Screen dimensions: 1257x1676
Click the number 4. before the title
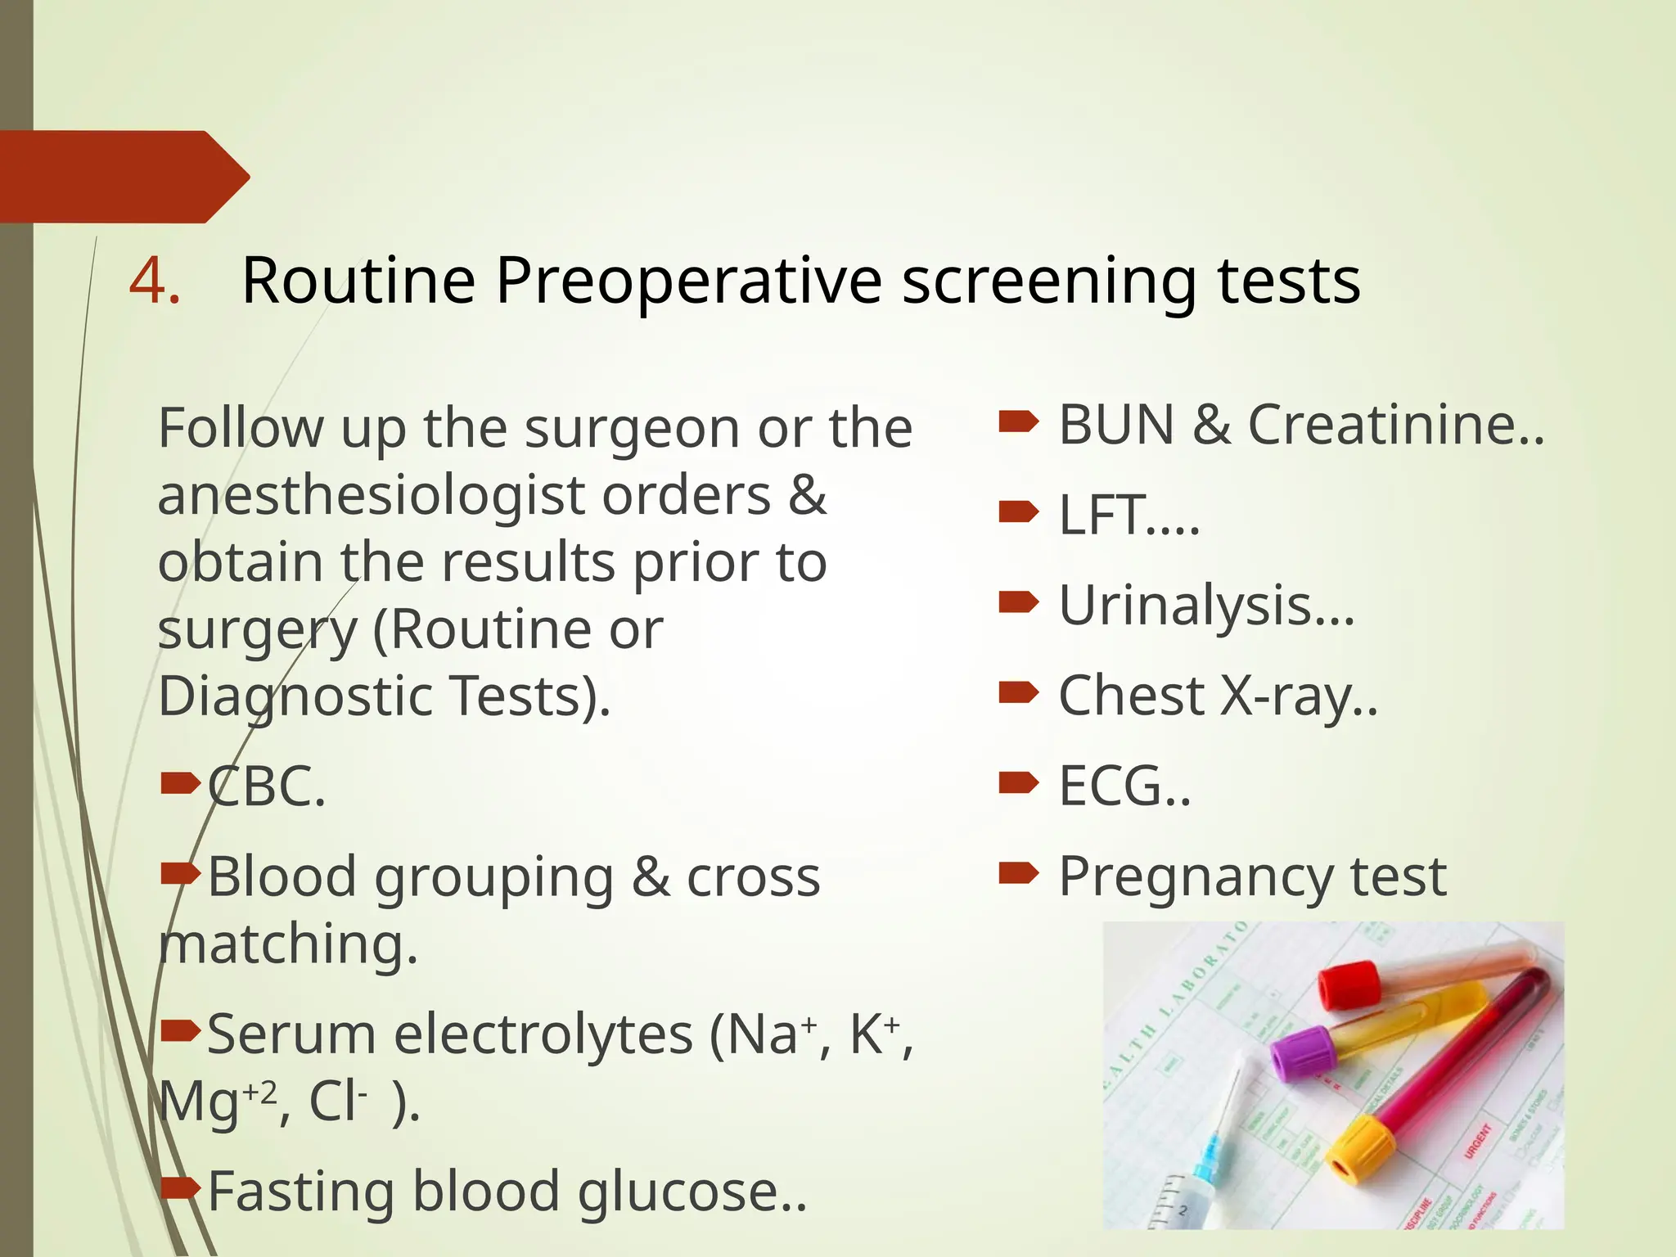(155, 281)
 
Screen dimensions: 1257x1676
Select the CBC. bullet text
(267, 786)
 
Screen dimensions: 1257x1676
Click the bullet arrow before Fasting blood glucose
(180, 1186)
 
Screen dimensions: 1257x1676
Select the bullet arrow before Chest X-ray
(1019, 694)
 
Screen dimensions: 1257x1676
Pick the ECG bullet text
(1123, 786)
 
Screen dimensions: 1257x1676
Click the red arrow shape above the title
(123, 176)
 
